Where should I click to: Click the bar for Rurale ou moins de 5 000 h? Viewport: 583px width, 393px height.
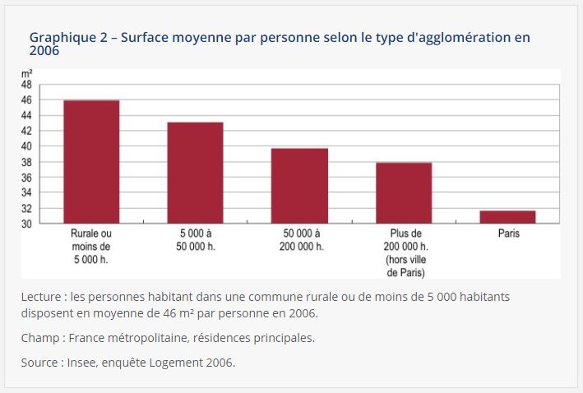pyautogui.click(x=91, y=161)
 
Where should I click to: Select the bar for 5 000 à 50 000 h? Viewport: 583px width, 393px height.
pyautogui.click(x=195, y=173)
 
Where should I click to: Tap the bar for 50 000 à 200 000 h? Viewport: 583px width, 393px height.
pyautogui.click(x=299, y=186)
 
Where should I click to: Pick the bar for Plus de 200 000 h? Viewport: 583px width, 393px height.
pyautogui.click(x=404, y=192)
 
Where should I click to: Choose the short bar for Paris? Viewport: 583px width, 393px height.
pyautogui.click(x=507, y=217)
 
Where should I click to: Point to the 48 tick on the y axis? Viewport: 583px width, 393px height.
pyautogui.click(x=26, y=85)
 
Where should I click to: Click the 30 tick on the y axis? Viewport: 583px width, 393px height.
pyautogui.click(x=26, y=224)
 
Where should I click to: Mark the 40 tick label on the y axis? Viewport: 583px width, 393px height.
pyautogui.click(x=26, y=146)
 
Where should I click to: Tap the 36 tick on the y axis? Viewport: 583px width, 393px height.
pyautogui.click(x=26, y=178)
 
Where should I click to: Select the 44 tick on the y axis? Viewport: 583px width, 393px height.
pyautogui.click(x=26, y=116)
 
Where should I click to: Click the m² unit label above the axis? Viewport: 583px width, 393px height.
pyautogui.click(x=26, y=74)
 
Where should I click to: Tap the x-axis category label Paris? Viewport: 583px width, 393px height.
pyautogui.click(x=508, y=233)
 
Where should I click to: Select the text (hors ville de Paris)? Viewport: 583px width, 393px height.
pyautogui.click(x=404, y=266)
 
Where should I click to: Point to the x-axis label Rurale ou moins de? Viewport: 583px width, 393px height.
pyautogui.click(x=90, y=240)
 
